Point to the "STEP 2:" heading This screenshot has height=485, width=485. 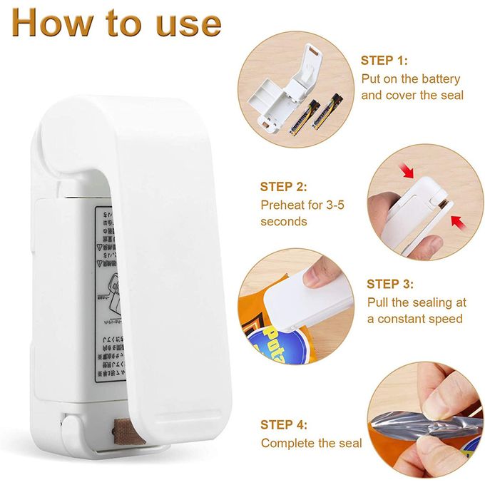pos(284,187)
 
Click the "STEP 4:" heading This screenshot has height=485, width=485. pos(284,424)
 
